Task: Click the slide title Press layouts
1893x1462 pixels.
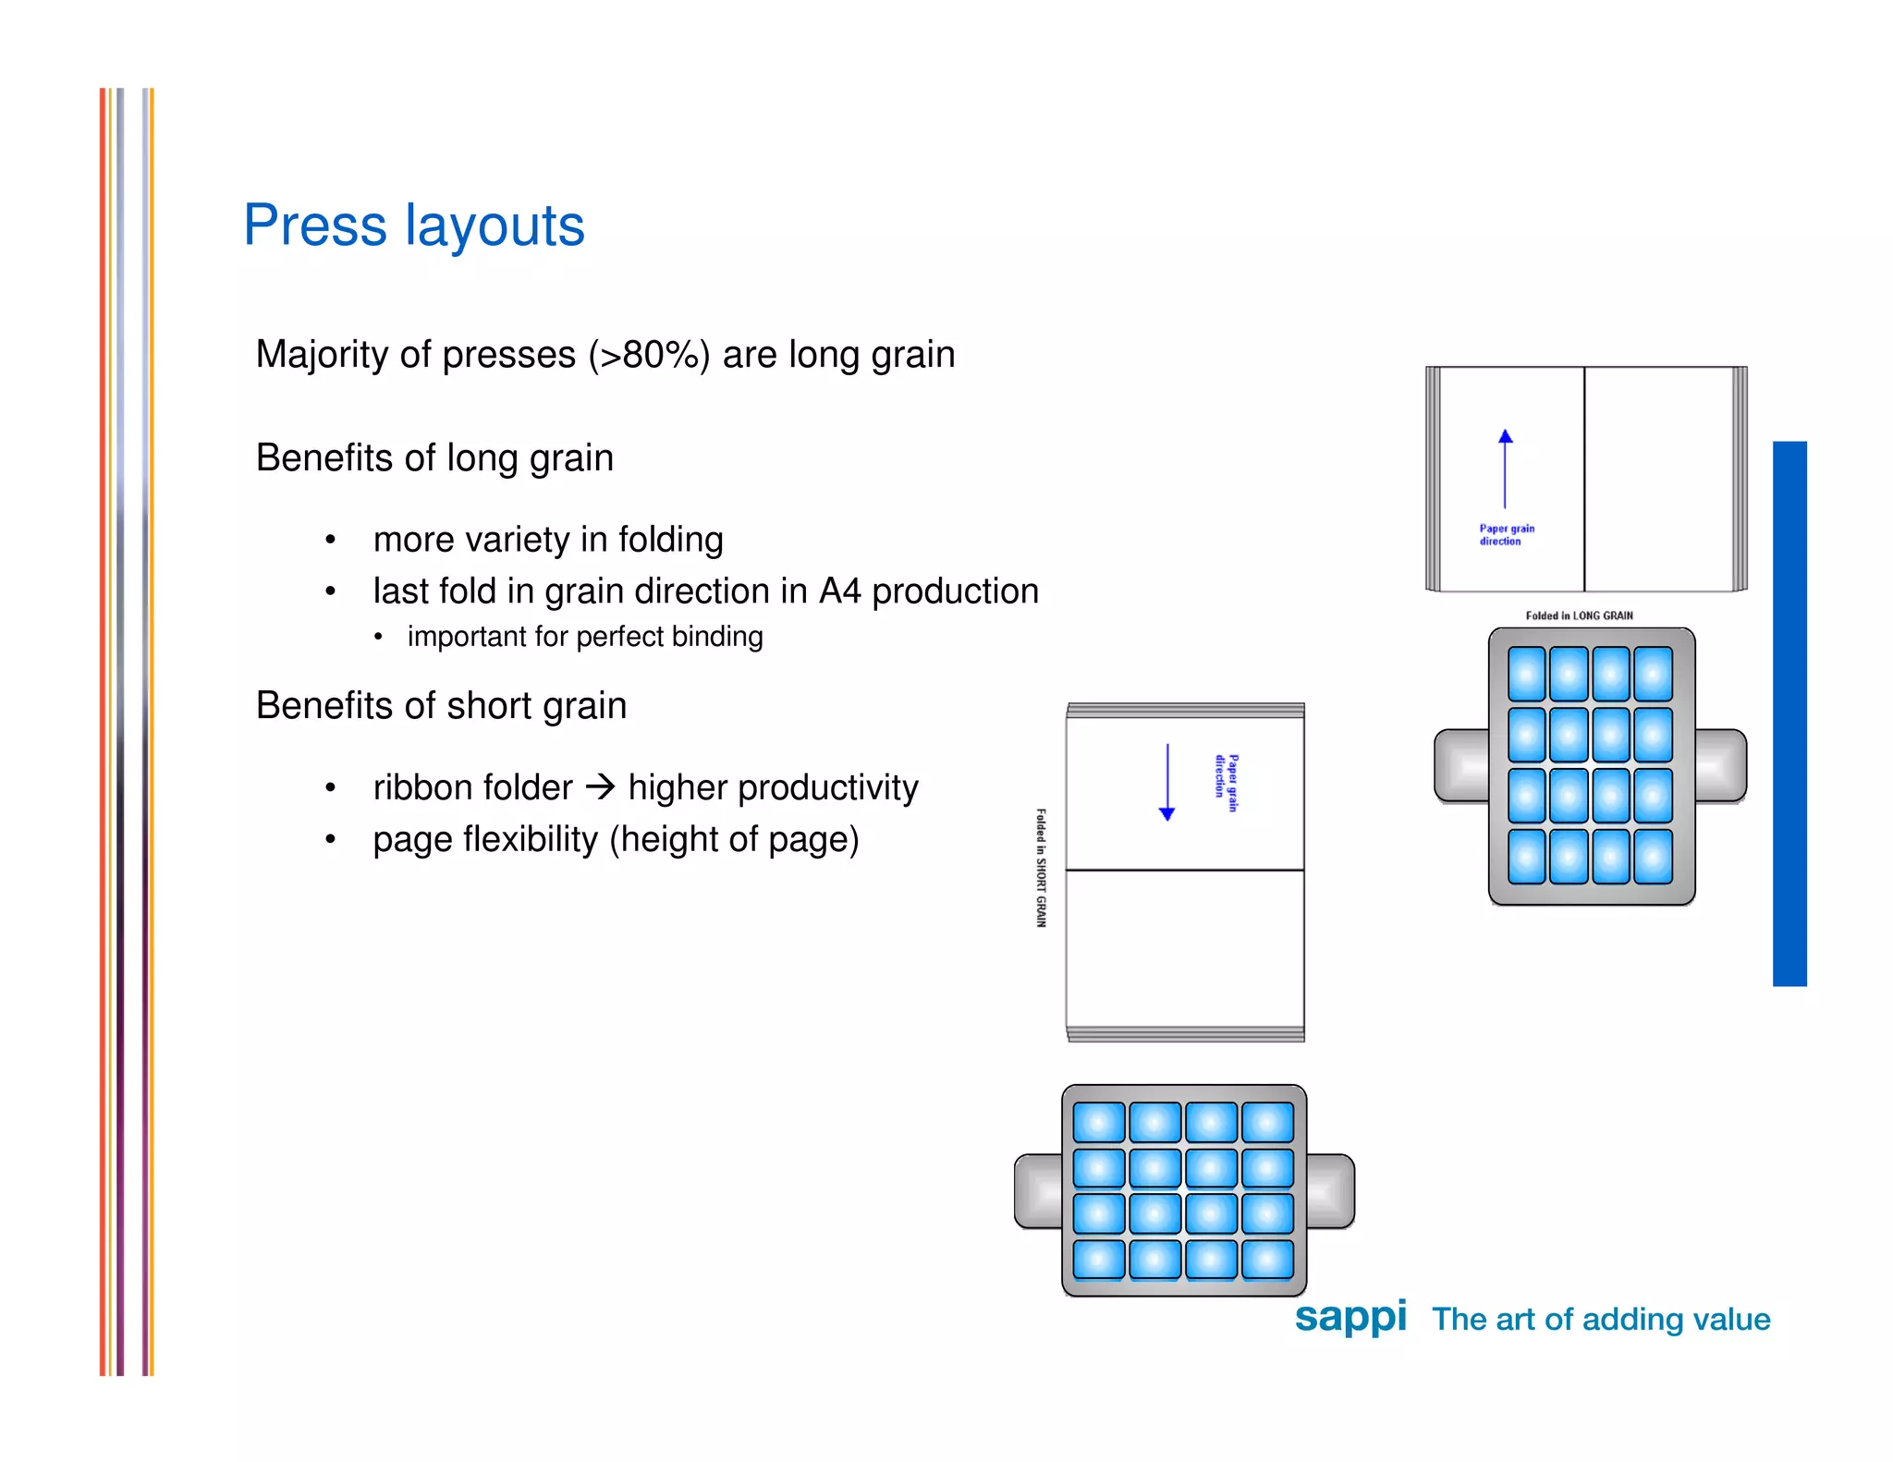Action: click(x=413, y=225)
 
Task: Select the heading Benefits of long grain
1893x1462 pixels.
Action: click(x=434, y=458)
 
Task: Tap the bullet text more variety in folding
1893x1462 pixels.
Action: click(x=548, y=540)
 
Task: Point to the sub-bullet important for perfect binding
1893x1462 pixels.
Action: click(x=584, y=637)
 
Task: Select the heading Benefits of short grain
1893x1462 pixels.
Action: click(x=441, y=706)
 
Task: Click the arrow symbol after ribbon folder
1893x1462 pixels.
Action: click(x=601, y=787)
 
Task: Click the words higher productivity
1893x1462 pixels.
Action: click(x=773, y=788)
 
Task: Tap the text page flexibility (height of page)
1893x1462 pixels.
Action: click(x=616, y=840)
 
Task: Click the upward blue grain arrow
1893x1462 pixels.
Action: click(x=1505, y=468)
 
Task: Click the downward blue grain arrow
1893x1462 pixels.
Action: click(x=1166, y=782)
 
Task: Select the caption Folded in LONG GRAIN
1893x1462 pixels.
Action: click(x=1579, y=615)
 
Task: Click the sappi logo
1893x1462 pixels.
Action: click(x=1350, y=1316)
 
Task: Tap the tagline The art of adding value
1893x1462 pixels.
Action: click(x=1600, y=1320)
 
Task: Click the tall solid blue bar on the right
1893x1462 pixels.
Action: click(x=1789, y=713)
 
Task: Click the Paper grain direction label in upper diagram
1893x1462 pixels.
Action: click(x=1506, y=535)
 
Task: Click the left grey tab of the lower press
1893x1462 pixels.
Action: click(x=1038, y=1191)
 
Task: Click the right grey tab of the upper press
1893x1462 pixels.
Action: click(x=1720, y=765)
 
